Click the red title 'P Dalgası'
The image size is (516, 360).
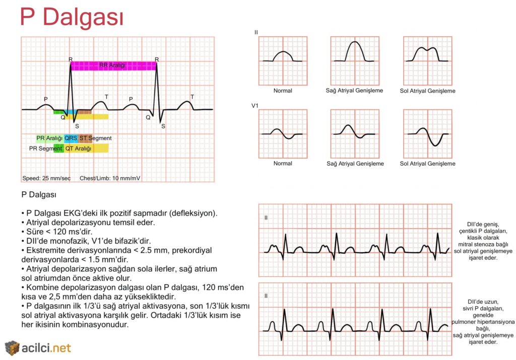tap(72, 17)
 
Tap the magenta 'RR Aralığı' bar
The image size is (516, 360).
tap(113, 66)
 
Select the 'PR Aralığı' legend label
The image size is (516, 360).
tap(49, 138)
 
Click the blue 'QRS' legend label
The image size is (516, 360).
tap(71, 138)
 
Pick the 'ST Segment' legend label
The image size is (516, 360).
tap(95, 138)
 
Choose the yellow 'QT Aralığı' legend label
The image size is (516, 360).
tap(78, 149)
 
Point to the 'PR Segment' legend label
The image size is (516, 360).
tap(45, 149)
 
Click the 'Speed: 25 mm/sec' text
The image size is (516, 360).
tap(46, 178)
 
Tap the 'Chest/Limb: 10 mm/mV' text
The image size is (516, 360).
tap(110, 178)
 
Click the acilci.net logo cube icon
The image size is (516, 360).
tap(12, 348)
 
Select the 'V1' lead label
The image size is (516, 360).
tap(255, 106)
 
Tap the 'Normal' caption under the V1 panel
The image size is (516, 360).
tap(283, 164)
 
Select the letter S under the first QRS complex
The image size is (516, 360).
tap(77, 126)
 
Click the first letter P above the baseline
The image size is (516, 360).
tap(46, 99)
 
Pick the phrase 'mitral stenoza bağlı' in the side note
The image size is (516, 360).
tap(483, 244)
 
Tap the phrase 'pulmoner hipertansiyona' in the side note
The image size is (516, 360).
tap(483, 322)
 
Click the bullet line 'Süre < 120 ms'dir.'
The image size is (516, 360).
tap(56, 232)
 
